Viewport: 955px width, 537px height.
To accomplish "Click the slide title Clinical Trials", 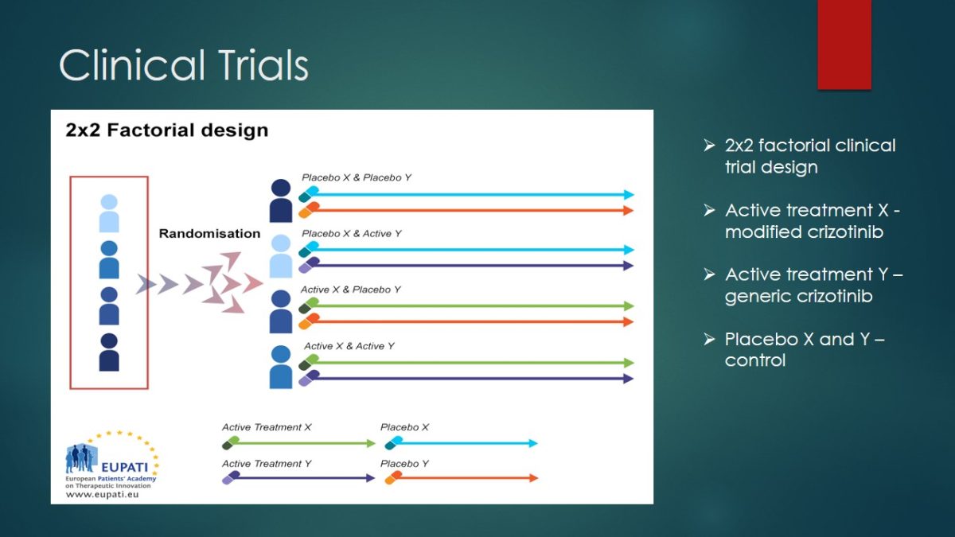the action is pyautogui.click(x=184, y=64).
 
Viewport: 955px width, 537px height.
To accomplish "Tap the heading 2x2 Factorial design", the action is pyautogui.click(x=166, y=130).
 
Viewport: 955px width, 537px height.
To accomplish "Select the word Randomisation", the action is pyautogui.click(x=209, y=234).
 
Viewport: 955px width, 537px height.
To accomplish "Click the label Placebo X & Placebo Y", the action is pyautogui.click(x=357, y=177).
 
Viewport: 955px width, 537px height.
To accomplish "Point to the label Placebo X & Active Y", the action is pyautogui.click(x=351, y=234).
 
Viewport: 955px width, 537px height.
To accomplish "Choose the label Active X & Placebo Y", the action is pyautogui.click(x=350, y=290).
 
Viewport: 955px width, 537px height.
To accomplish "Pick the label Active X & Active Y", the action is pyautogui.click(x=349, y=346).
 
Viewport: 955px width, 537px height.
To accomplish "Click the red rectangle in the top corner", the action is pyautogui.click(x=844, y=45).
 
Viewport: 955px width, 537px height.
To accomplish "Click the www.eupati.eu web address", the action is pyautogui.click(x=103, y=494).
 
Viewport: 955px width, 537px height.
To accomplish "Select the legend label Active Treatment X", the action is pyautogui.click(x=267, y=427).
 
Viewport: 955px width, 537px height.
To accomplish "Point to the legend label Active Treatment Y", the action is pyautogui.click(x=267, y=463).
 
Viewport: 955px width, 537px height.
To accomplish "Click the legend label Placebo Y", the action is pyautogui.click(x=404, y=463).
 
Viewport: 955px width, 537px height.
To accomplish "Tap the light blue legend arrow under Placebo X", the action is pyautogui.click(x=462, y=443).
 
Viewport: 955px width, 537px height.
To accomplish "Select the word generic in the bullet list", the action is pyautogui.click(x=754, y=297).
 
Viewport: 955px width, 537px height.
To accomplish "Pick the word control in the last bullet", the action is pyautogui.click(x=755, y=360).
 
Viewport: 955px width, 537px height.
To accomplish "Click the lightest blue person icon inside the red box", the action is pyautogui.click(x=109, y=213).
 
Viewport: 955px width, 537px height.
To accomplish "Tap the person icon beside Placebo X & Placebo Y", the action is pyautogui.click(x=281, y=200).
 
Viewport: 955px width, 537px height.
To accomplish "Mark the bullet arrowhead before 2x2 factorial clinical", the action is pyautogui.click(x=709, y=146).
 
